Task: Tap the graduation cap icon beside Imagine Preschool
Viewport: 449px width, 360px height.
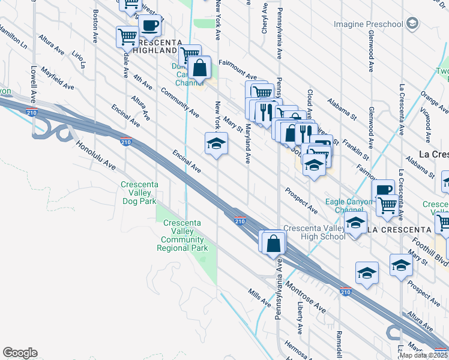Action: coord(412,24)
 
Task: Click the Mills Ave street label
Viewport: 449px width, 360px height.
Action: coord(259,296)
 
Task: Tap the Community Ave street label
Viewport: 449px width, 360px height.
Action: coord(179,102)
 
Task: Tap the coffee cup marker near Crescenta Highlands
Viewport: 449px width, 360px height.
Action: coord(150,27)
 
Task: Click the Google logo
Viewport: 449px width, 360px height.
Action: coord(20,353)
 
